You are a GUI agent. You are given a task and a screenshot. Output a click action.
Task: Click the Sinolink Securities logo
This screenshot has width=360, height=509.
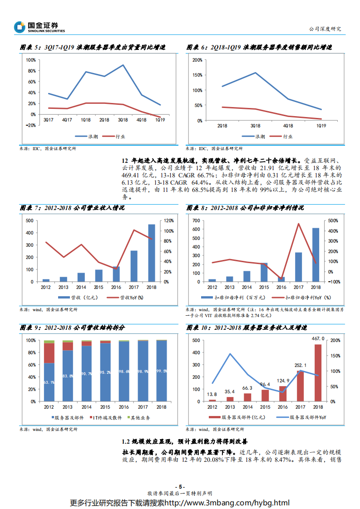[39, 27]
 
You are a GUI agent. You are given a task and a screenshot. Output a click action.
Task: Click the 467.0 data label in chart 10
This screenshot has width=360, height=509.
[317, 338]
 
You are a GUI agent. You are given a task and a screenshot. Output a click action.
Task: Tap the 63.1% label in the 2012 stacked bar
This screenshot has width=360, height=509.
[49, 382]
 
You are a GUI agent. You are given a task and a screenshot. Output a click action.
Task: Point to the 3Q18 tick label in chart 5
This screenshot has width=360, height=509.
[122, 120]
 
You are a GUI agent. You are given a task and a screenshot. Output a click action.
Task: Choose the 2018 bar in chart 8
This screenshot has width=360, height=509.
[316, 254]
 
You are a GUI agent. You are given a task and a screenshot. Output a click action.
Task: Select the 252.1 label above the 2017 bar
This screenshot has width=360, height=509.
[300, 365]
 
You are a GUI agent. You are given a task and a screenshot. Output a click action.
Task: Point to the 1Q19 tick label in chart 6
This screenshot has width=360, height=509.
[321, 126]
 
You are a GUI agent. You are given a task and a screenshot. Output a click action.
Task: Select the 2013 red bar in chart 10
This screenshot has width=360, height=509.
[230, 399]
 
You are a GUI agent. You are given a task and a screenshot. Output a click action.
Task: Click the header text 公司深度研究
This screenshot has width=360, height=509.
[324, 29]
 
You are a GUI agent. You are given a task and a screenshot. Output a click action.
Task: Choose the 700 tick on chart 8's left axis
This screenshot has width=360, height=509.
[197, 220]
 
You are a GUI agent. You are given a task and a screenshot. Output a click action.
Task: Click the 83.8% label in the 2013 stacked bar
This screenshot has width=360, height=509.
[68, 376]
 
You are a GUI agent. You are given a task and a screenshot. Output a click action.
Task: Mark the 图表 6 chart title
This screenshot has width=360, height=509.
[259, 47]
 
